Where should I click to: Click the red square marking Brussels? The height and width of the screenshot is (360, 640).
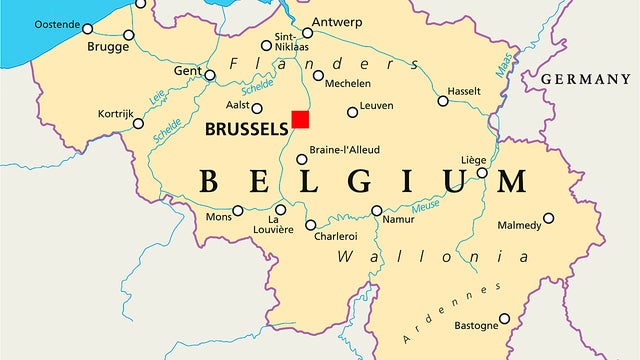pos(300,119)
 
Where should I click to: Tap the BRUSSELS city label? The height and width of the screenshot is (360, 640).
pos(245,128)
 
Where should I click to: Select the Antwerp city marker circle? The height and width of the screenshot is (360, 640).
pos(307,33)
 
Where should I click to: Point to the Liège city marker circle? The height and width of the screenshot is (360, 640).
pos(482,173)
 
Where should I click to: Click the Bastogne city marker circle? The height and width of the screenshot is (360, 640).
pos(504,319)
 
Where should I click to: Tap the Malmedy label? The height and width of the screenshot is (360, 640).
pos(519,226)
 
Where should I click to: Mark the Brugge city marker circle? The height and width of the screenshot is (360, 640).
pos(128,35)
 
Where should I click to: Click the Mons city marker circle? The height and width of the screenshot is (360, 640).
pos(238,211)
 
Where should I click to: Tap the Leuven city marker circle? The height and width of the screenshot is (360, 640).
pos(352,112)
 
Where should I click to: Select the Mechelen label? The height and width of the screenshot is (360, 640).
pos(349,83)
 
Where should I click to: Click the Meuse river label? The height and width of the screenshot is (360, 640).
pos(426,206)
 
